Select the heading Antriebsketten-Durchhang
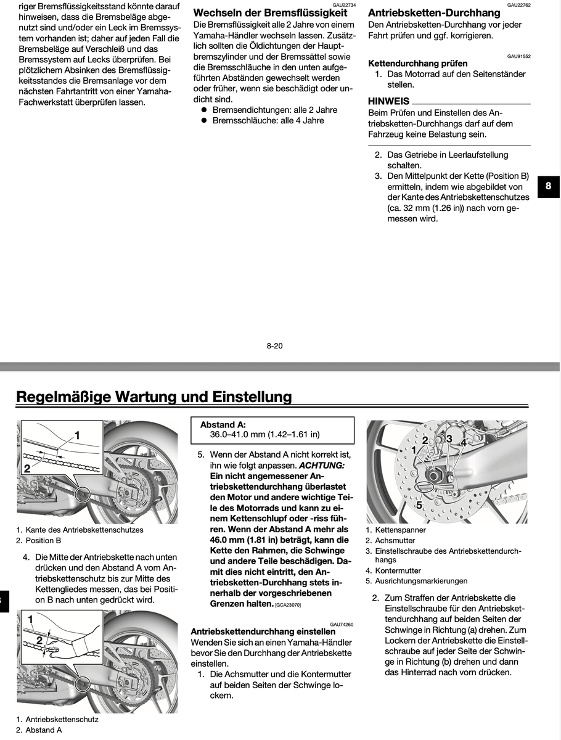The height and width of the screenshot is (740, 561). (x=434, y=12)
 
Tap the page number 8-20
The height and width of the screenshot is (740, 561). (x=274, y=346)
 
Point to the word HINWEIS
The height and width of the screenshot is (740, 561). (x=388, y=101)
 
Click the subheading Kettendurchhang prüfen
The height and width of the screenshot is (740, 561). (x=417, y=63)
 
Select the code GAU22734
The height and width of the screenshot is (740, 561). (x=344, y=4)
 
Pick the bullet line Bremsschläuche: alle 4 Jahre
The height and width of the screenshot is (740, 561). (x=268, y=120)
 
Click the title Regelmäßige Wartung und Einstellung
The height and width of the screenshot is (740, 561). (x=154, y=396)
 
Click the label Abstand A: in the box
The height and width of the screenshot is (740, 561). (x=223, y=425)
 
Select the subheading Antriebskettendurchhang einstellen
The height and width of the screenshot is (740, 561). (x=263, y=631)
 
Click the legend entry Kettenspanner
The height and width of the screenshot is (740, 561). (x=400, y=530)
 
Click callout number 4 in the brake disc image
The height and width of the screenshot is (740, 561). (x=464, y=442)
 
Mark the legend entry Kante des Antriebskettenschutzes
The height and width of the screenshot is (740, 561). (x=84, y=530)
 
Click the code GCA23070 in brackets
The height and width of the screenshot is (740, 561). (x=288, y=606)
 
